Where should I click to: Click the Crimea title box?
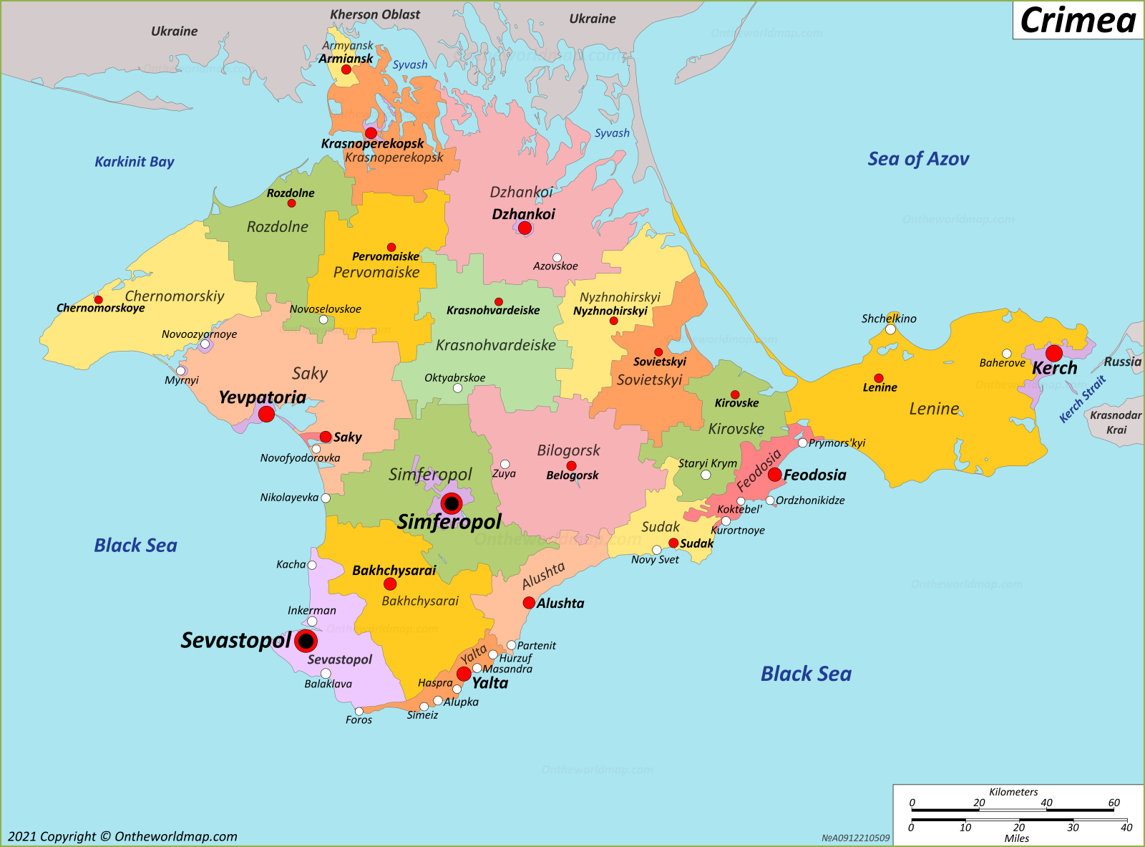(1078, 20)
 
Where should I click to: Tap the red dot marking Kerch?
(1053, 353)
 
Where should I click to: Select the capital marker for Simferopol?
(452, 503)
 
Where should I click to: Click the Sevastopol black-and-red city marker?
(306, 641)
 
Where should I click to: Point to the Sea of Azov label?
(918, 159)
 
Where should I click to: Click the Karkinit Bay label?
(135, 162)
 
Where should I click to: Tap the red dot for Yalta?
(464, 674)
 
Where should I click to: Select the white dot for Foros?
(359, 711)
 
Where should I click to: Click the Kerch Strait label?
(1082, 399)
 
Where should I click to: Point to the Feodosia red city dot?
(774, 475)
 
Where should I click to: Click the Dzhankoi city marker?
(525, 228)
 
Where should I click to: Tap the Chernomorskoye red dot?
(99, 300)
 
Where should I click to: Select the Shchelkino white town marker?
(890, 329)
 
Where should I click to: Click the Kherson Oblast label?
(375, 14)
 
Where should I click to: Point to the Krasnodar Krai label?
(1115, 422)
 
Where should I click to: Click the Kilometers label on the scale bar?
(1013, 792)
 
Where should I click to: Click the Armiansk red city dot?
(346, 69)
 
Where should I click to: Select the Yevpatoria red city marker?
(266, 414)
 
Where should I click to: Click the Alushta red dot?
(529, 603)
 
